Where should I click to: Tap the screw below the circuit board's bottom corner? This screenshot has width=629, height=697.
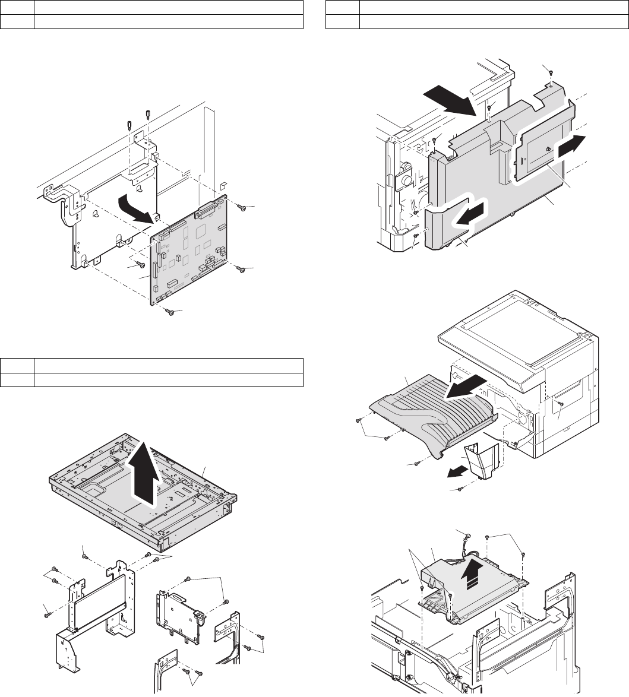pos(170,311)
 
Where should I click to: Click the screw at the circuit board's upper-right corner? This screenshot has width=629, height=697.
pos(242,207)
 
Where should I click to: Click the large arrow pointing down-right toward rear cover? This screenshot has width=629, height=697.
pos(452,99)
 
